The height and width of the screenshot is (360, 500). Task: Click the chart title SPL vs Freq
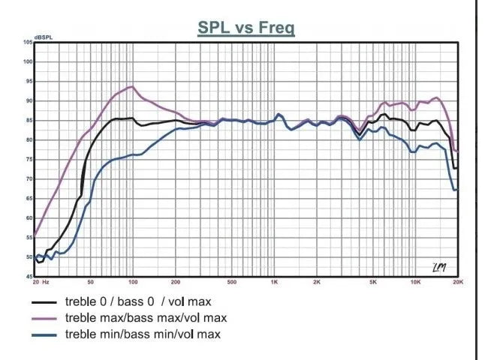(x=245, y=28)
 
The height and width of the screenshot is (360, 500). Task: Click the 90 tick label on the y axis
(x=28, y=100)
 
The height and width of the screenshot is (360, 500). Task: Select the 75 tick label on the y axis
(x=28, y=159)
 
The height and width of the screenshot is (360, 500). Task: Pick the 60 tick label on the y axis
(x=28, y=218)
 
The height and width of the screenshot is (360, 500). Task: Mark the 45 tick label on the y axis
(x=28, y=277)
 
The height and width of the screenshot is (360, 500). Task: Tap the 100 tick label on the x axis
(x=133, y=283)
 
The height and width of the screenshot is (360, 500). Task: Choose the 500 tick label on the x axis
(x=232, y=283)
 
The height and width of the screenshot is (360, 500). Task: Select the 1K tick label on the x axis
(x=275, y=283)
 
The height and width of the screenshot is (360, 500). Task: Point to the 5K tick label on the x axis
(x=373, y=283)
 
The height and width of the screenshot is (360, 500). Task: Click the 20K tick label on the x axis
(x=457, y=283)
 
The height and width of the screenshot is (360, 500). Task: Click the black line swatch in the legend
(x=46, y=302)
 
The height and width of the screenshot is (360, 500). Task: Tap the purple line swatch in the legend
(x=46, y=318)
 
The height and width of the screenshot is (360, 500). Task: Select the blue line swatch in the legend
(x=46, y=334)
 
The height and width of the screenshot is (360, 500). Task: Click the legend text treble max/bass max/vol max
(x=146, y=318)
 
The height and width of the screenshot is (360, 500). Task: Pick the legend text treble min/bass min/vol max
(x=143, y=334)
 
